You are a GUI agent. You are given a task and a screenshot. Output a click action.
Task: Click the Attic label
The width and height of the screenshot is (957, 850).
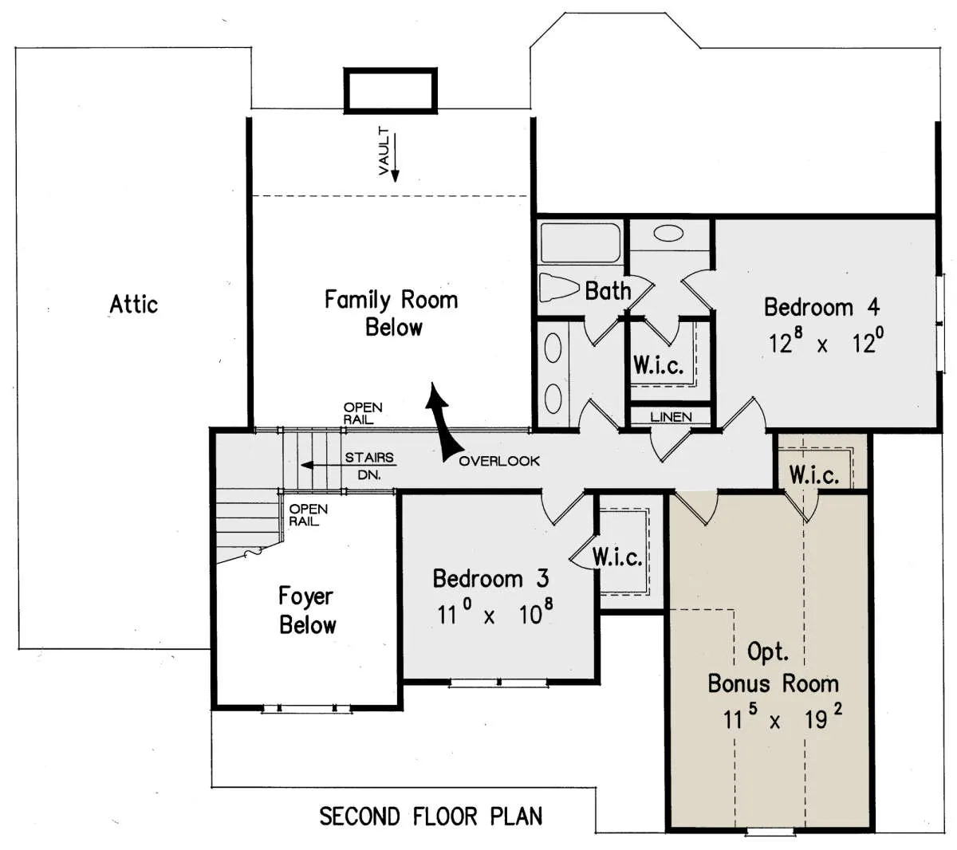click(x=134, y=304)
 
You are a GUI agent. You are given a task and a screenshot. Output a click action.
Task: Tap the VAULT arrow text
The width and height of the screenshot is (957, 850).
click(x=384, y=151)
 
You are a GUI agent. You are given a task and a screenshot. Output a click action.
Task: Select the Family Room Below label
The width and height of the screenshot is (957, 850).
click(x=392, y=313)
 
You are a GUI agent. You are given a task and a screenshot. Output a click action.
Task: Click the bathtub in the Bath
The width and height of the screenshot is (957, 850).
click(x=581, y=242)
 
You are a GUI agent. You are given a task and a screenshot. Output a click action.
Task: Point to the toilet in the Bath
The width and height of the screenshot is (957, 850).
click(x=559, y=286)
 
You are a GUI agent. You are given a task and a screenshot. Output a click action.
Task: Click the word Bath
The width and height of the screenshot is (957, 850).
click(x=608, y=290)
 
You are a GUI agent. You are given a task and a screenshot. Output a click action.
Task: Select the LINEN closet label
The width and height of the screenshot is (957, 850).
click(x=671, y=417)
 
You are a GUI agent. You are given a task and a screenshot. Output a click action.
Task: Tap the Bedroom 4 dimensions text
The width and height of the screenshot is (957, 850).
click(x=825, y=342)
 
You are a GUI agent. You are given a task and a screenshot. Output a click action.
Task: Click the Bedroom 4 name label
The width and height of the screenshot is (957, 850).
click(x=822, y=307)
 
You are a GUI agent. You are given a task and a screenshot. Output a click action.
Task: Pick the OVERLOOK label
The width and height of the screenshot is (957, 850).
click(x=499, y=461)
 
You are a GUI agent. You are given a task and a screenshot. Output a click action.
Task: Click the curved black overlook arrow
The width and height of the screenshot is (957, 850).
click(x=442, y=422)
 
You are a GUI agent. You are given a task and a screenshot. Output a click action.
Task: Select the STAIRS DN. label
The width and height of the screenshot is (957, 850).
click(x=369, y=466)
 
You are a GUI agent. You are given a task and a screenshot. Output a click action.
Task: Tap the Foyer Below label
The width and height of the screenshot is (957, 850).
click(x=308, y=610)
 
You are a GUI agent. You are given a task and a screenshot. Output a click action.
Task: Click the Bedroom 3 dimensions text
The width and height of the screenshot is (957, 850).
click(x=495, y=612)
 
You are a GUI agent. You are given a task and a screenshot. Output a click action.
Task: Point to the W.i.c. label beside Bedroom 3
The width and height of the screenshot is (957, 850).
click(x=617, y=557)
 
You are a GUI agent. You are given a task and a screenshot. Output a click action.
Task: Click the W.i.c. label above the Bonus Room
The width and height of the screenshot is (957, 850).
click(x=814, y=475)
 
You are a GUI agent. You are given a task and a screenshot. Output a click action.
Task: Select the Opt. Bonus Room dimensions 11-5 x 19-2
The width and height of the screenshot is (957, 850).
click(x=782, y=718)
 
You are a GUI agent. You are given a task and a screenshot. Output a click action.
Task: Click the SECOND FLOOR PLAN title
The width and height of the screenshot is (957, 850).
click(x=431, y=816)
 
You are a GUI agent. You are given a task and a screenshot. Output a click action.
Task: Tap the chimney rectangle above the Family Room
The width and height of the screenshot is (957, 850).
click(x=390, y=91)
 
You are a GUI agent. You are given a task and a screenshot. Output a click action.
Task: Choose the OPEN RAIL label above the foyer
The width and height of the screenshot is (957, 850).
click(x=308, y=515)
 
